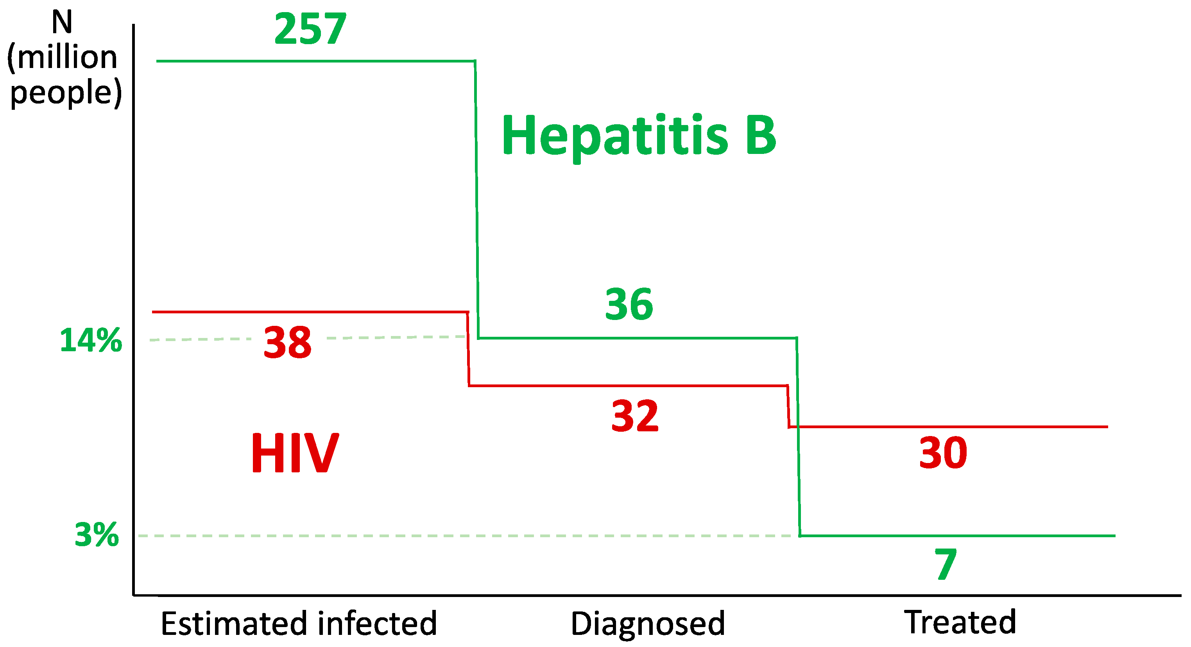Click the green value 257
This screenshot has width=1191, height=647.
310,29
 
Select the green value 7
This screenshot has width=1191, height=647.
946,564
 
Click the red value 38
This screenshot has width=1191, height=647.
288,342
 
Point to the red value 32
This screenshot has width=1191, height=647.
635,416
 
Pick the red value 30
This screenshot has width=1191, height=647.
943,453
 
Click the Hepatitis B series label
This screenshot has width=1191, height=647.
639,136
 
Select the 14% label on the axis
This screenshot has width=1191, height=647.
91,341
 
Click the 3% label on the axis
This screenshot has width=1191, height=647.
97,535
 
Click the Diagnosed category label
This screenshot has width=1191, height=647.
648,624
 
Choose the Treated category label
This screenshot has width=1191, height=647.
960,622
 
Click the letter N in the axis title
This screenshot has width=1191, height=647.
62,22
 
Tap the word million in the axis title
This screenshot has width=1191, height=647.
67,57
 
